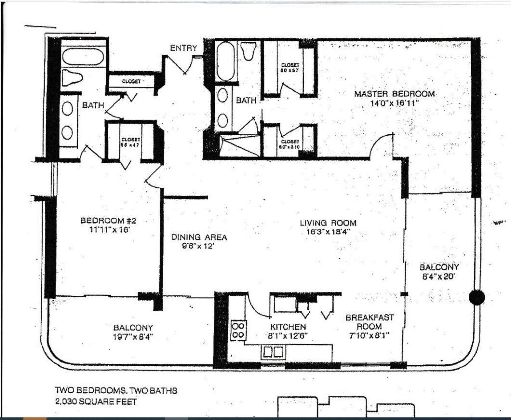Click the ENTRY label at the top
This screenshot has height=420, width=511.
(183, 48)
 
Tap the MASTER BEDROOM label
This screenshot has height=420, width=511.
(394, 94)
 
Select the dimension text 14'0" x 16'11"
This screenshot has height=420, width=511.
(393, 103)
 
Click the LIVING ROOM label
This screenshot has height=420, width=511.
(328, 223)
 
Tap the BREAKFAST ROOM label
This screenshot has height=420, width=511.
(370, 321)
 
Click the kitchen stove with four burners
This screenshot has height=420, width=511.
(238, 330)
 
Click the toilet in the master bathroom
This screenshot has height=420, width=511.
(248, 51)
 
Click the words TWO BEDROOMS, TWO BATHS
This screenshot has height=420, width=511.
(116, 391)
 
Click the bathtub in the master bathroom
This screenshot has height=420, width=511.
(226, 61)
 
